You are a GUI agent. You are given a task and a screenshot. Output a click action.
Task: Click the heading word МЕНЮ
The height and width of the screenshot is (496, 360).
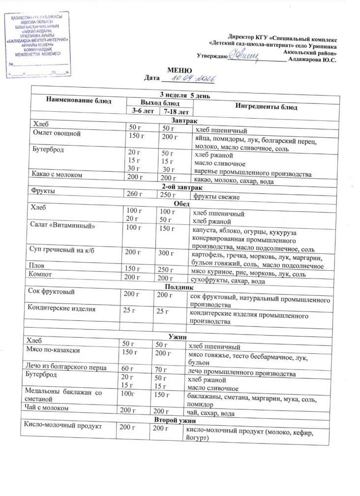coord(177,71)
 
